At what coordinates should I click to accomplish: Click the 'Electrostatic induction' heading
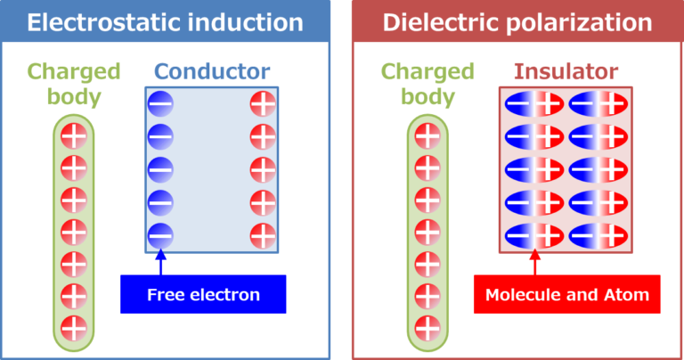click(165, 22)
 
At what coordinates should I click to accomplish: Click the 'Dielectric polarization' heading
click(517, 22)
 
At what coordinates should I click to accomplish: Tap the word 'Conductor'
click(212, 71)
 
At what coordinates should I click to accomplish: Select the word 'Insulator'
click(566, 71)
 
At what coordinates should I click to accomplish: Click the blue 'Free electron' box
click(203, 294)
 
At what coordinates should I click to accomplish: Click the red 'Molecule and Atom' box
click(567, 294)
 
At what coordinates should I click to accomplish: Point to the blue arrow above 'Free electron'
click(161, 262)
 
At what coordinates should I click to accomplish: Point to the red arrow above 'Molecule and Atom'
click(534, 262)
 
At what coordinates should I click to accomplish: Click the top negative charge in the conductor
click(160, 104)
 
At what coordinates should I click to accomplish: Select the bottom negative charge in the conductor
click(160, 236)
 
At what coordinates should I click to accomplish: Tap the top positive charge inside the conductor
click(263, 104)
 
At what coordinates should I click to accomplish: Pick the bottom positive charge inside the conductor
click(263, 236)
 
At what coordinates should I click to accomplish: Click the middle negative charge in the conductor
click(160, 169)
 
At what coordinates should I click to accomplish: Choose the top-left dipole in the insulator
click(534, 104)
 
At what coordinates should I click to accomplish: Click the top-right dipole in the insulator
click(598, 104)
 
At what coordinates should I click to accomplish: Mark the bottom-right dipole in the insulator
click(598, 236)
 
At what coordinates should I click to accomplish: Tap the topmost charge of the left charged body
click(74, 136)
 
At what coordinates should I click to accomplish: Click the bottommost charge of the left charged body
click(74, 328)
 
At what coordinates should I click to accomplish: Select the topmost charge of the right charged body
click(427, 136)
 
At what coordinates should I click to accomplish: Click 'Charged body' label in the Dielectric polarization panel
click(427, 84)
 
